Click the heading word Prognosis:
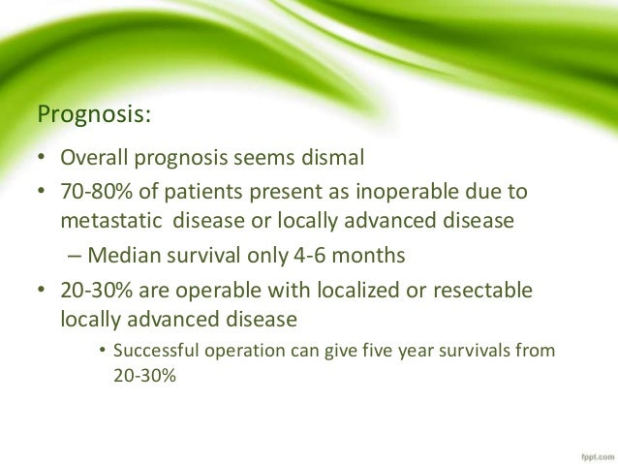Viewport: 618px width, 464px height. pos(93,116)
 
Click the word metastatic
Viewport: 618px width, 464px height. pos(112,219)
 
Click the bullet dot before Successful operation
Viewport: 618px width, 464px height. pos(103,351)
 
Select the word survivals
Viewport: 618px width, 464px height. pos(477,351)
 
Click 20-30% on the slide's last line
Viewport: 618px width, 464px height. pos(139,376)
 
